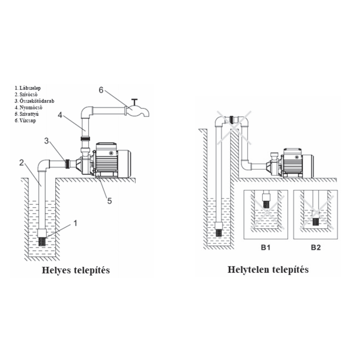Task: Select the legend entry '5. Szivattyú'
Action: pos(27,114)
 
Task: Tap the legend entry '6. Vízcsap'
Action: pos(26,120)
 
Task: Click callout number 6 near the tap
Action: pos(101,90)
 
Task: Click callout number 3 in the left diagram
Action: pos(46,141)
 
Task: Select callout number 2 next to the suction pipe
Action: pos(22,163)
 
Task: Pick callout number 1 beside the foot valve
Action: pos(75,223)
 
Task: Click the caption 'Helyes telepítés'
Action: pos(76,270)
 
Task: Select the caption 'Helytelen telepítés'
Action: pos(268,269)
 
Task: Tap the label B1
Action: pos(266,248)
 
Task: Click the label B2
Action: pos(315,248)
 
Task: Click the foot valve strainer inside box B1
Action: pos(266,204)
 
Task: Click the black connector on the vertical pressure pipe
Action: pos(85,138)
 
